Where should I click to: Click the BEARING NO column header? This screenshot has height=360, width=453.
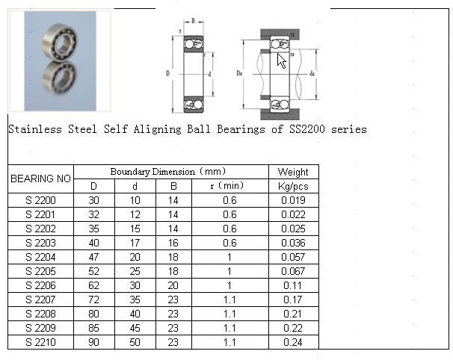click(x=40, y=179)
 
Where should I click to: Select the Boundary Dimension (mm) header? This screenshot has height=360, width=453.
click(x=168, y=172)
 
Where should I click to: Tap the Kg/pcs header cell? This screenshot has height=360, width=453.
click(x=293, y=186)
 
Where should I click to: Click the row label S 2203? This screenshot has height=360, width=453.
click(x=40, y=243)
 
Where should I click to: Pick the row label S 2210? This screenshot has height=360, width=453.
click(x=40, y=342)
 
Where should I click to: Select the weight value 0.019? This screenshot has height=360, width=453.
click(x=293, y=200)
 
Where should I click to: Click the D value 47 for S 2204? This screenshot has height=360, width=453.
click(x=94, y=257)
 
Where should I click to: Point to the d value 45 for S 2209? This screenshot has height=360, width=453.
click(x=135, y=328)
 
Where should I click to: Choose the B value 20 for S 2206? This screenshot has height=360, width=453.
click(x=173, y=285)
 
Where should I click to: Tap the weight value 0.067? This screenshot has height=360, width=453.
click(x=293, y=271)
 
